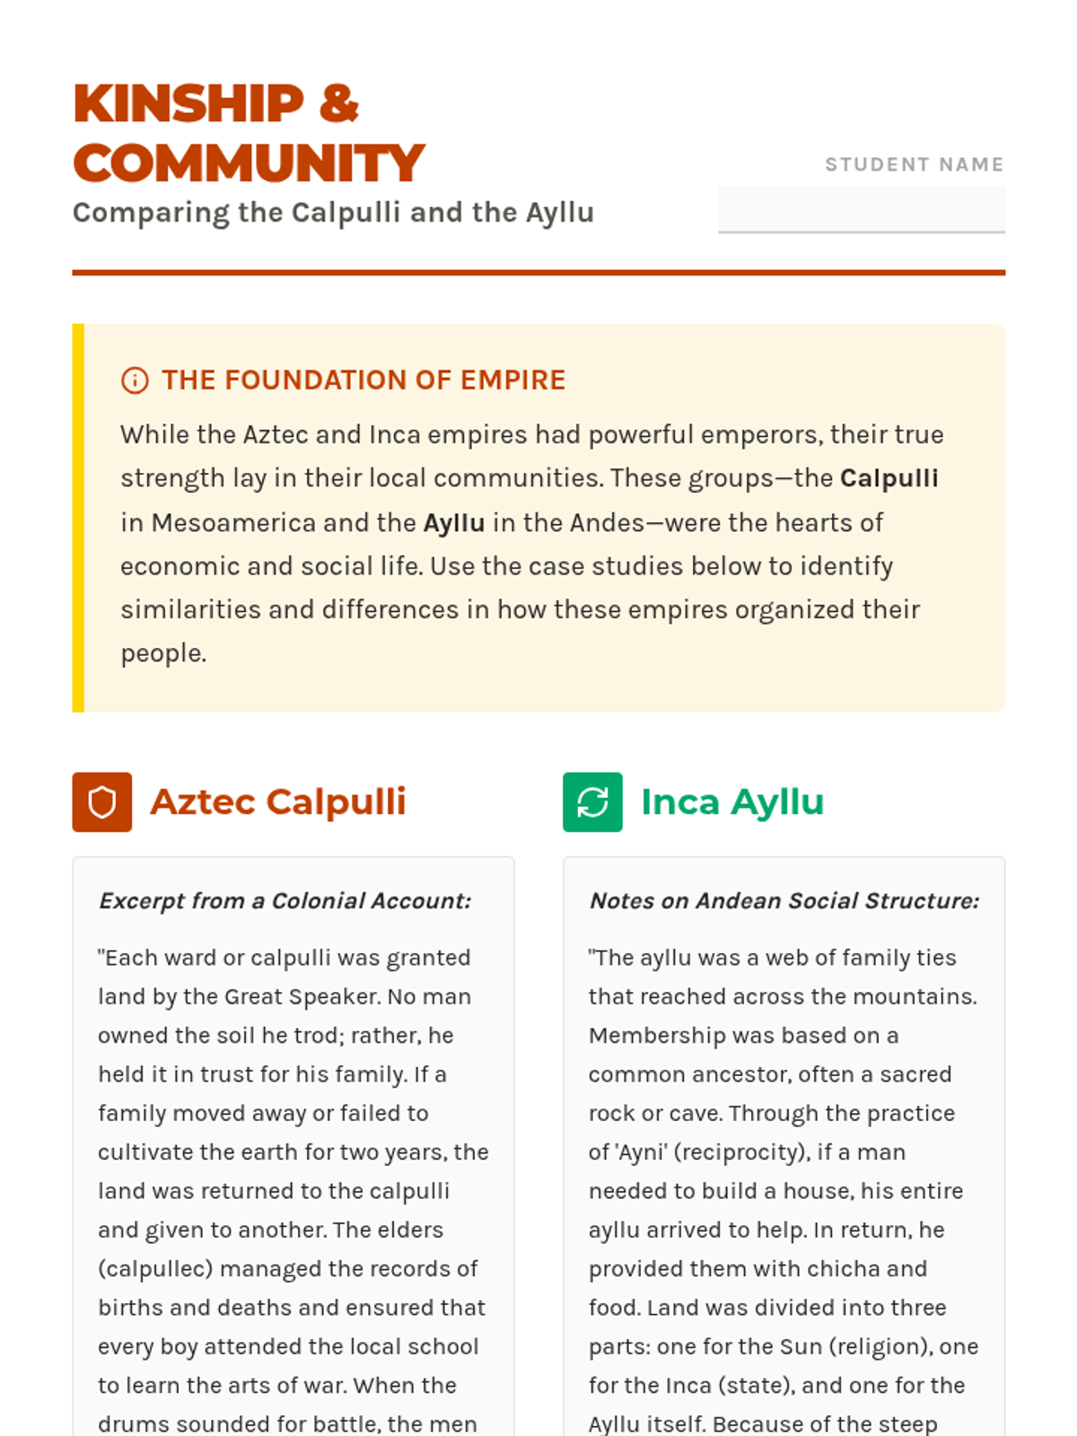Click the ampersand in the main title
click(338, 103)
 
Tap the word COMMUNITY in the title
click(249, 163)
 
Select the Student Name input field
click(861, 209)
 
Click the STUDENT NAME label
click(914, 164)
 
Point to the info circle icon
click(135, 381)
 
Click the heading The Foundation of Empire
click(363, 381)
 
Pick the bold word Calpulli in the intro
click(889, 478)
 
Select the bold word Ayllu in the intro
click(454, 522)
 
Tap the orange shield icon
click(102, 802)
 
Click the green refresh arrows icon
click(592, 802)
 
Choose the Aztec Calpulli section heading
click(278, 802)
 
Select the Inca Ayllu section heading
click(732, 802)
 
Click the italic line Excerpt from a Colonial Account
click(285, 901)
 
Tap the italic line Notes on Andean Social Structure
click(784, 901)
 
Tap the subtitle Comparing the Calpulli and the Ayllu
click(333, 213)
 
